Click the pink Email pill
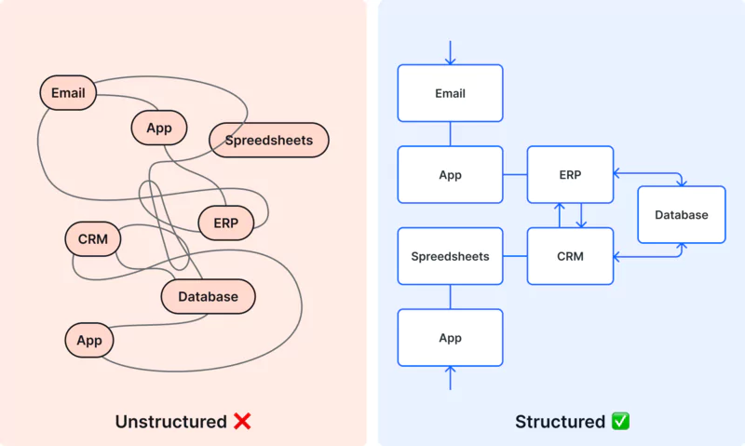coord(68,93)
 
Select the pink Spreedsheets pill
coord(269,141)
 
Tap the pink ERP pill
coord(225,223)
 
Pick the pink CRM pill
coord(93,239)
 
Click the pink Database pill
coord(208,297)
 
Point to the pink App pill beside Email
coord(159,128)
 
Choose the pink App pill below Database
coord(89,340)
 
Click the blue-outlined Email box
coord(450,93)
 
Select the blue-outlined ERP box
coord(570,174)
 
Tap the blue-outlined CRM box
coord(570,256)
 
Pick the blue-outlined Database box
coord(681,215)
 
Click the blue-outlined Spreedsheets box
coord(450,256)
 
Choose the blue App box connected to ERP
coord(450,174)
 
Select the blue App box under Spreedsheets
coord(450,337)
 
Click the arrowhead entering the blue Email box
coord(450,61)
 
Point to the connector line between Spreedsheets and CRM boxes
coord(515,256)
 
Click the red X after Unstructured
coord(242,422)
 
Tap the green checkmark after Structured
coord(620,422)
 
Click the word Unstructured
coord(170,422)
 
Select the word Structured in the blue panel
coord(560,422)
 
